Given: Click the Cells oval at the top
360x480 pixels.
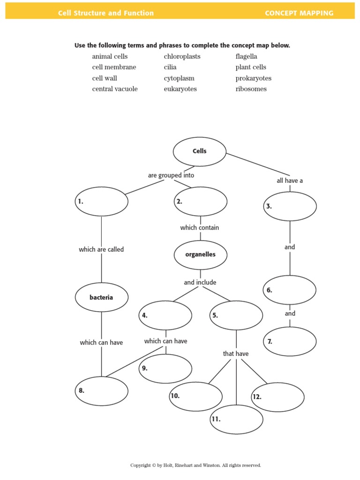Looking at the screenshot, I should coord(200,151).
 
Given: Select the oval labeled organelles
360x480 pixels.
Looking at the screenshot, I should coord(201,255).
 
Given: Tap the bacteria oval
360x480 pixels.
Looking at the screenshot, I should coord(102,297).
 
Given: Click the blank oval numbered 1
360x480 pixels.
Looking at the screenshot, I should coord(102,202).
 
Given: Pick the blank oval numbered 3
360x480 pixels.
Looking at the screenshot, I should coord(290,206).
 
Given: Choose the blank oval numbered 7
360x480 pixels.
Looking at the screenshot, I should coord(290,341).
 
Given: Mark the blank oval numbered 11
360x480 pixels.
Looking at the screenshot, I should coord(237,419).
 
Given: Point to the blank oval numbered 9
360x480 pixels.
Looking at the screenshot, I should coord(165,368).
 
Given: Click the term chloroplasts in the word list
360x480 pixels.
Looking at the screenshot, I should coord(182,56).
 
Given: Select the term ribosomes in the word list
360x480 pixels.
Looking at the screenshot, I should coord(251,89).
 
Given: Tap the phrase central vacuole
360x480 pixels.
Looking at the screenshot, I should coord(115,89).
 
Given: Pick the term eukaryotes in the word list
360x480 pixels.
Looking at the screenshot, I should coord(180,89).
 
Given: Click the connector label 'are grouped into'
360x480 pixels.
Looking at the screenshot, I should coord(171,175).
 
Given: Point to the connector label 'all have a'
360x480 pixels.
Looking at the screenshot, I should coord(290,180).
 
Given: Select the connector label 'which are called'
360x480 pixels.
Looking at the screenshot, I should coord(101,249).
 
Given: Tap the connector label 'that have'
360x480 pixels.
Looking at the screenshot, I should coord(236,353).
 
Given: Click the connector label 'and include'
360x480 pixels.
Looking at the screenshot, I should coord(200,283).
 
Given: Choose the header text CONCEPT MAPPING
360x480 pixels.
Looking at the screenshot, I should coord(299,13).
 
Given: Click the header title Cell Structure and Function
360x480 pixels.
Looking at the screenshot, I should coord(106,13).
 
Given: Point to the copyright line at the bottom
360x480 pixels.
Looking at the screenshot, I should coord(195,465).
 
